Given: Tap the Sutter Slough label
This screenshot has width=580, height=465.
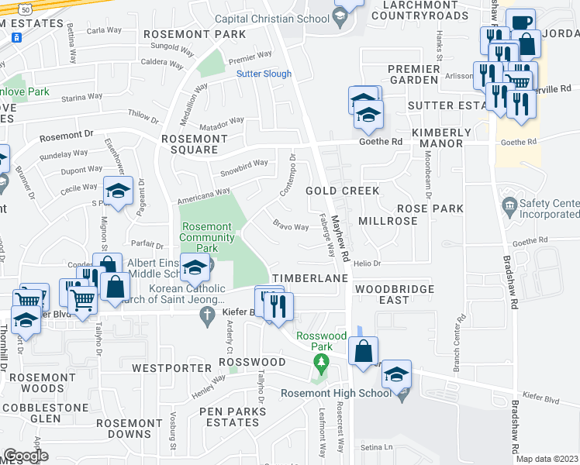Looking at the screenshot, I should coord(264,74).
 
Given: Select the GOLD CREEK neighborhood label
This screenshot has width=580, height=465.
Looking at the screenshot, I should coord(342,191).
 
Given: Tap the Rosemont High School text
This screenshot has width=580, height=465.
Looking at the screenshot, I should coord(336,393).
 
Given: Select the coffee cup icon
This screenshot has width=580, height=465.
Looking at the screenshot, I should coord(520,22).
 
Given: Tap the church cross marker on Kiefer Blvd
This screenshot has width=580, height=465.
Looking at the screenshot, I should coord(206,315).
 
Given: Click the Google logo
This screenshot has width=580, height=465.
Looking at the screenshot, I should coord(25,456).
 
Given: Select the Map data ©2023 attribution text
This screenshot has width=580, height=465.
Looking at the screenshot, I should coord(547,459).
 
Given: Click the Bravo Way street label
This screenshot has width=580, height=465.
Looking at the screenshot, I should coord(286,226).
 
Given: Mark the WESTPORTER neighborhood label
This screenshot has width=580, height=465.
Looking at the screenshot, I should coord(170,367).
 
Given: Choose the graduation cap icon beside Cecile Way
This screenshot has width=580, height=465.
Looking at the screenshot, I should coord(118,191).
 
